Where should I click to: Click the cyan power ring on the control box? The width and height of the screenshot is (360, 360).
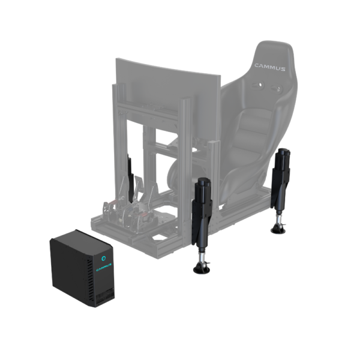click(104, 258)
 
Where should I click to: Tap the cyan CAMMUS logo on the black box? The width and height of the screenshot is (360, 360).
click(104, 267)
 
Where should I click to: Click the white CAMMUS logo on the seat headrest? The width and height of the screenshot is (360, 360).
click(270, 67)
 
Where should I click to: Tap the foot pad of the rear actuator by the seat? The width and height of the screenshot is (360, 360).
click(278, 229)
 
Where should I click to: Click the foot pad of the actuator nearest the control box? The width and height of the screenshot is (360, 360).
click(200, 268)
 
